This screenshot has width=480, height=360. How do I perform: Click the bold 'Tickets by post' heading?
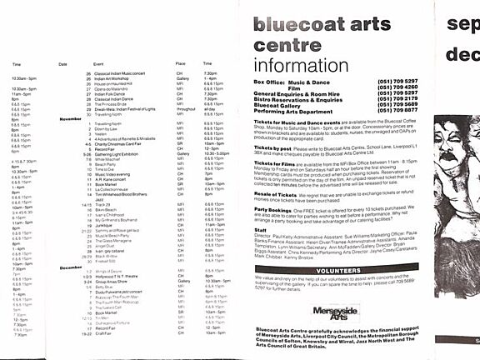[x=272, y=147]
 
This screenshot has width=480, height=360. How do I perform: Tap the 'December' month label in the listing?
[x=71, y=267]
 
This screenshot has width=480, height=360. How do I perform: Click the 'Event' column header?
[x=98, y=63]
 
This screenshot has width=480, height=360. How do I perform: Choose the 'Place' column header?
[x=180, y=63]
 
